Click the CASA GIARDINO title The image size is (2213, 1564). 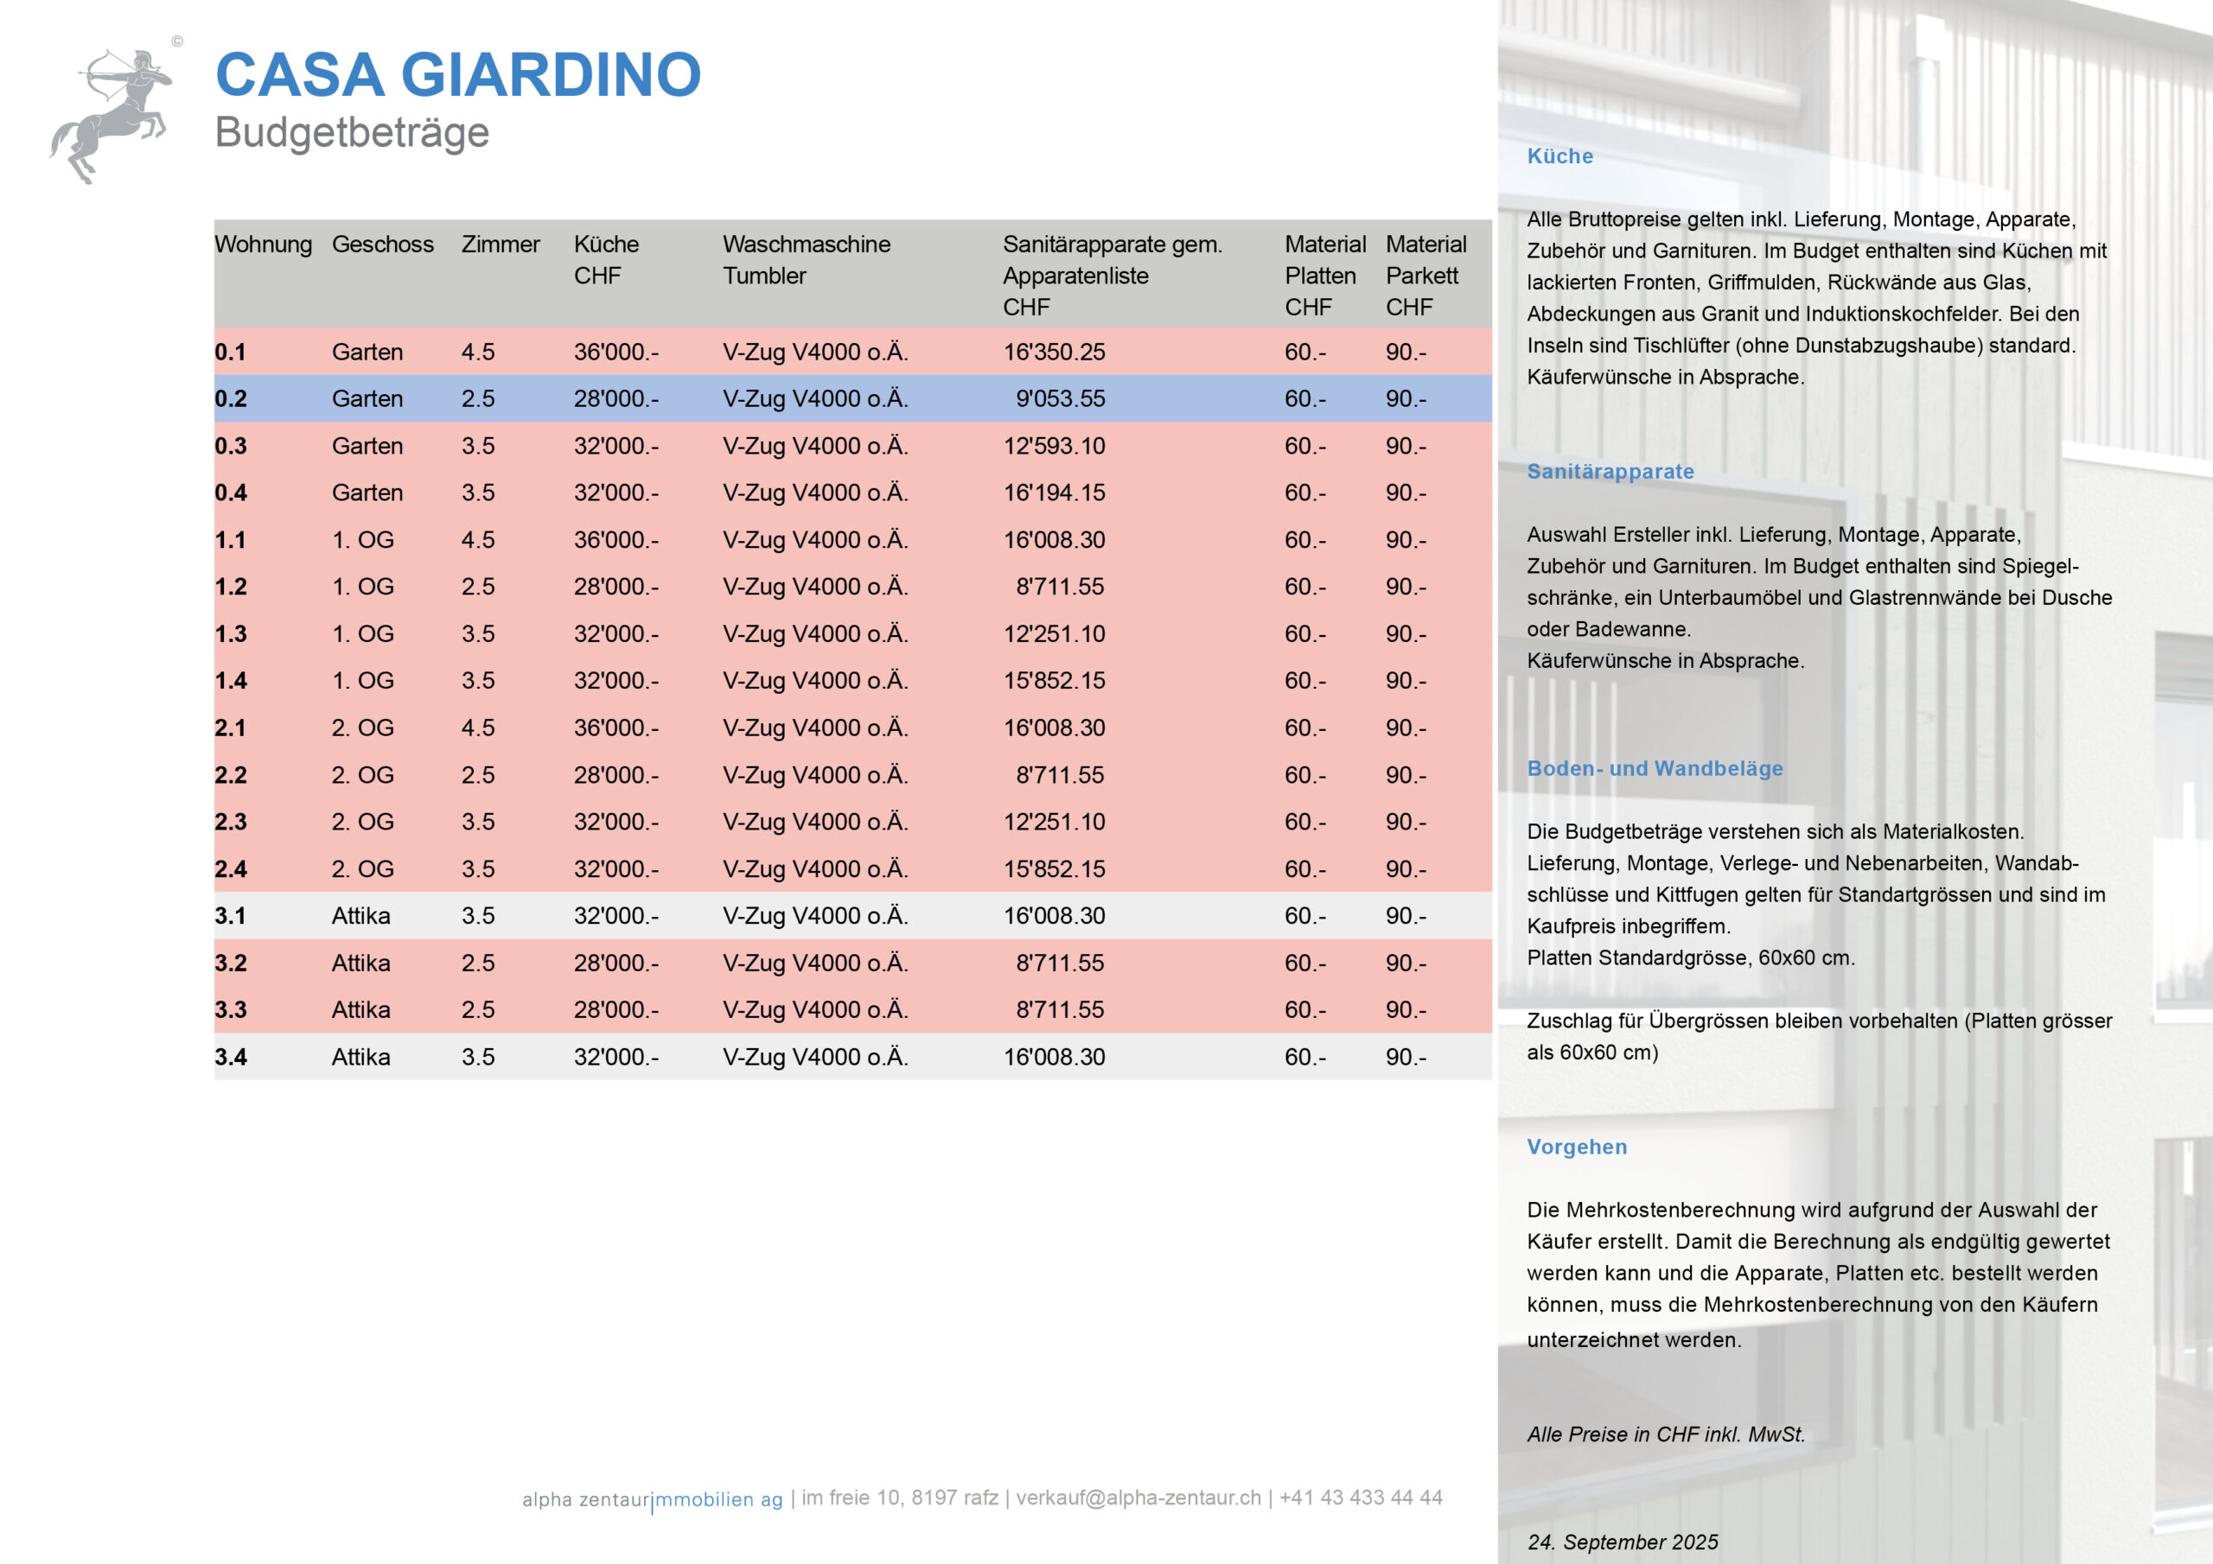458,75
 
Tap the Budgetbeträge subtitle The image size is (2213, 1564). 352,133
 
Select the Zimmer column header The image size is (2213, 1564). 501,245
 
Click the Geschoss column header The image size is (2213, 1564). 383,245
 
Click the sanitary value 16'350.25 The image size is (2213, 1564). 1054,353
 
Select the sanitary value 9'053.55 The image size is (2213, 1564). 1059,399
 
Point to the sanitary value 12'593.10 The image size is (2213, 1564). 1054,446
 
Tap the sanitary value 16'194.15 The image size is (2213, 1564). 1054,493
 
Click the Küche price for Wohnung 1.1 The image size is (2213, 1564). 615,541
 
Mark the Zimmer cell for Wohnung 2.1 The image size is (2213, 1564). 478,728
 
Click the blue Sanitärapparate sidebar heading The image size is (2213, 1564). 1610,472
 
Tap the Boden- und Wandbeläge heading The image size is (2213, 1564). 1654,769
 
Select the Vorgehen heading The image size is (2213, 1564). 1576,1147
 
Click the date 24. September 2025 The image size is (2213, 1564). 1623,1542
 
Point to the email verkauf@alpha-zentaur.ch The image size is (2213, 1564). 1138,1497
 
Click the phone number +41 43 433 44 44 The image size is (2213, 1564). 1360,1497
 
